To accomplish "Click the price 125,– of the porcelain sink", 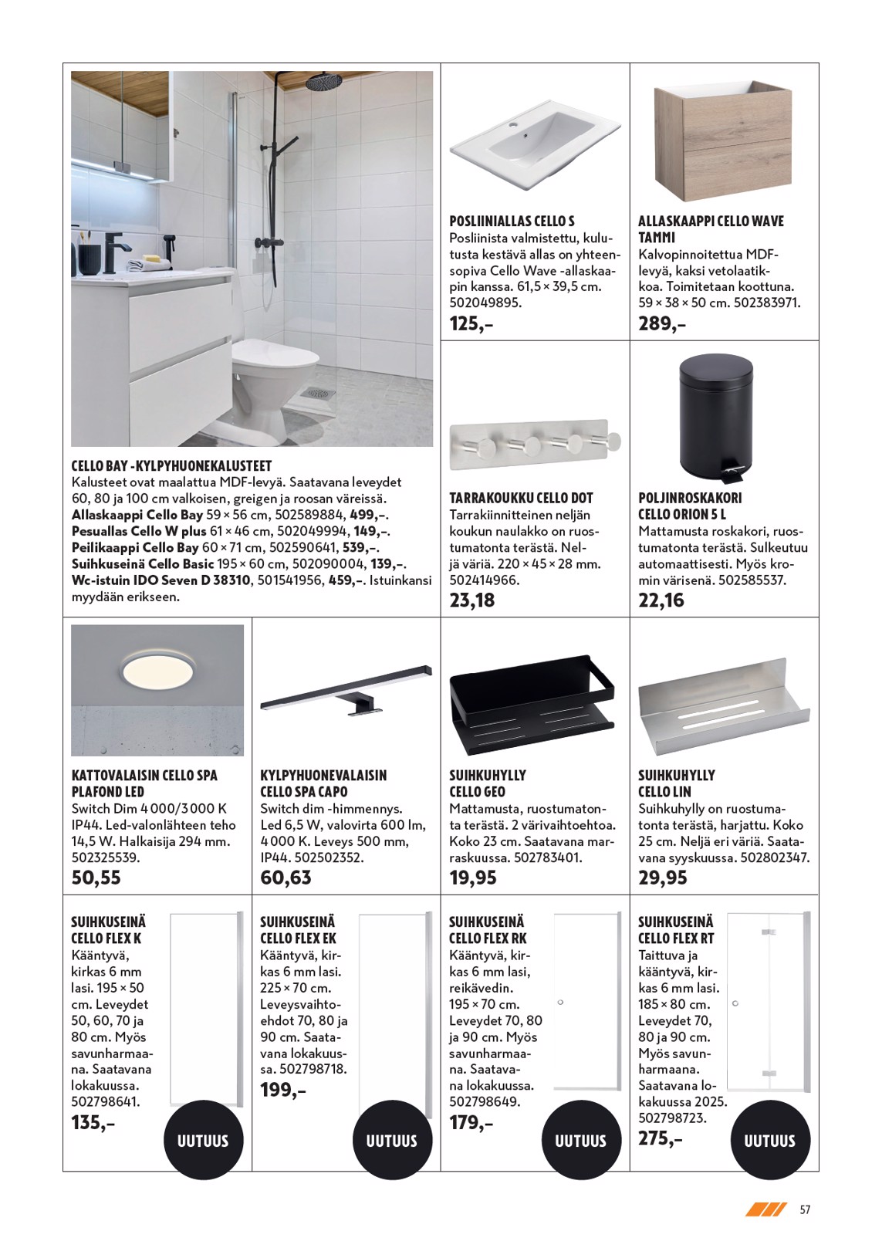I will click(x=471, y=323).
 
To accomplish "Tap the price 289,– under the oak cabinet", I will click(x=661, y=323).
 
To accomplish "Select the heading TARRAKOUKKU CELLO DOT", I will click(x=521, y=498).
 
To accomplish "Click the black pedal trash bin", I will click(x=715, y=417).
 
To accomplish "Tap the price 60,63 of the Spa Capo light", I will click(x=286, y=878).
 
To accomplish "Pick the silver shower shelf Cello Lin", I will click(x=722, y=703).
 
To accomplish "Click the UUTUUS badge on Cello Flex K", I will click(x=203, y=1140).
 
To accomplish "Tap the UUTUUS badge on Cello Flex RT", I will click(x=769, y=1140).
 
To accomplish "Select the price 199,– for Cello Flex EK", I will click(x=283, y=1090).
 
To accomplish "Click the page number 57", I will click(x=805, y=1209).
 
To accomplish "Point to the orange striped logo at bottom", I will click(x=765, y=1209).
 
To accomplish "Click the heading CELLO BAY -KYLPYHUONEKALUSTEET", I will click(x=171, y=466).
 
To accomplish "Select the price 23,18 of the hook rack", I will click(x=472, y=600).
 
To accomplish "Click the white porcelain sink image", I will click(x=534, y=142).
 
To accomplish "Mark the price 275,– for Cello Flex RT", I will click(x=661, y=1138).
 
